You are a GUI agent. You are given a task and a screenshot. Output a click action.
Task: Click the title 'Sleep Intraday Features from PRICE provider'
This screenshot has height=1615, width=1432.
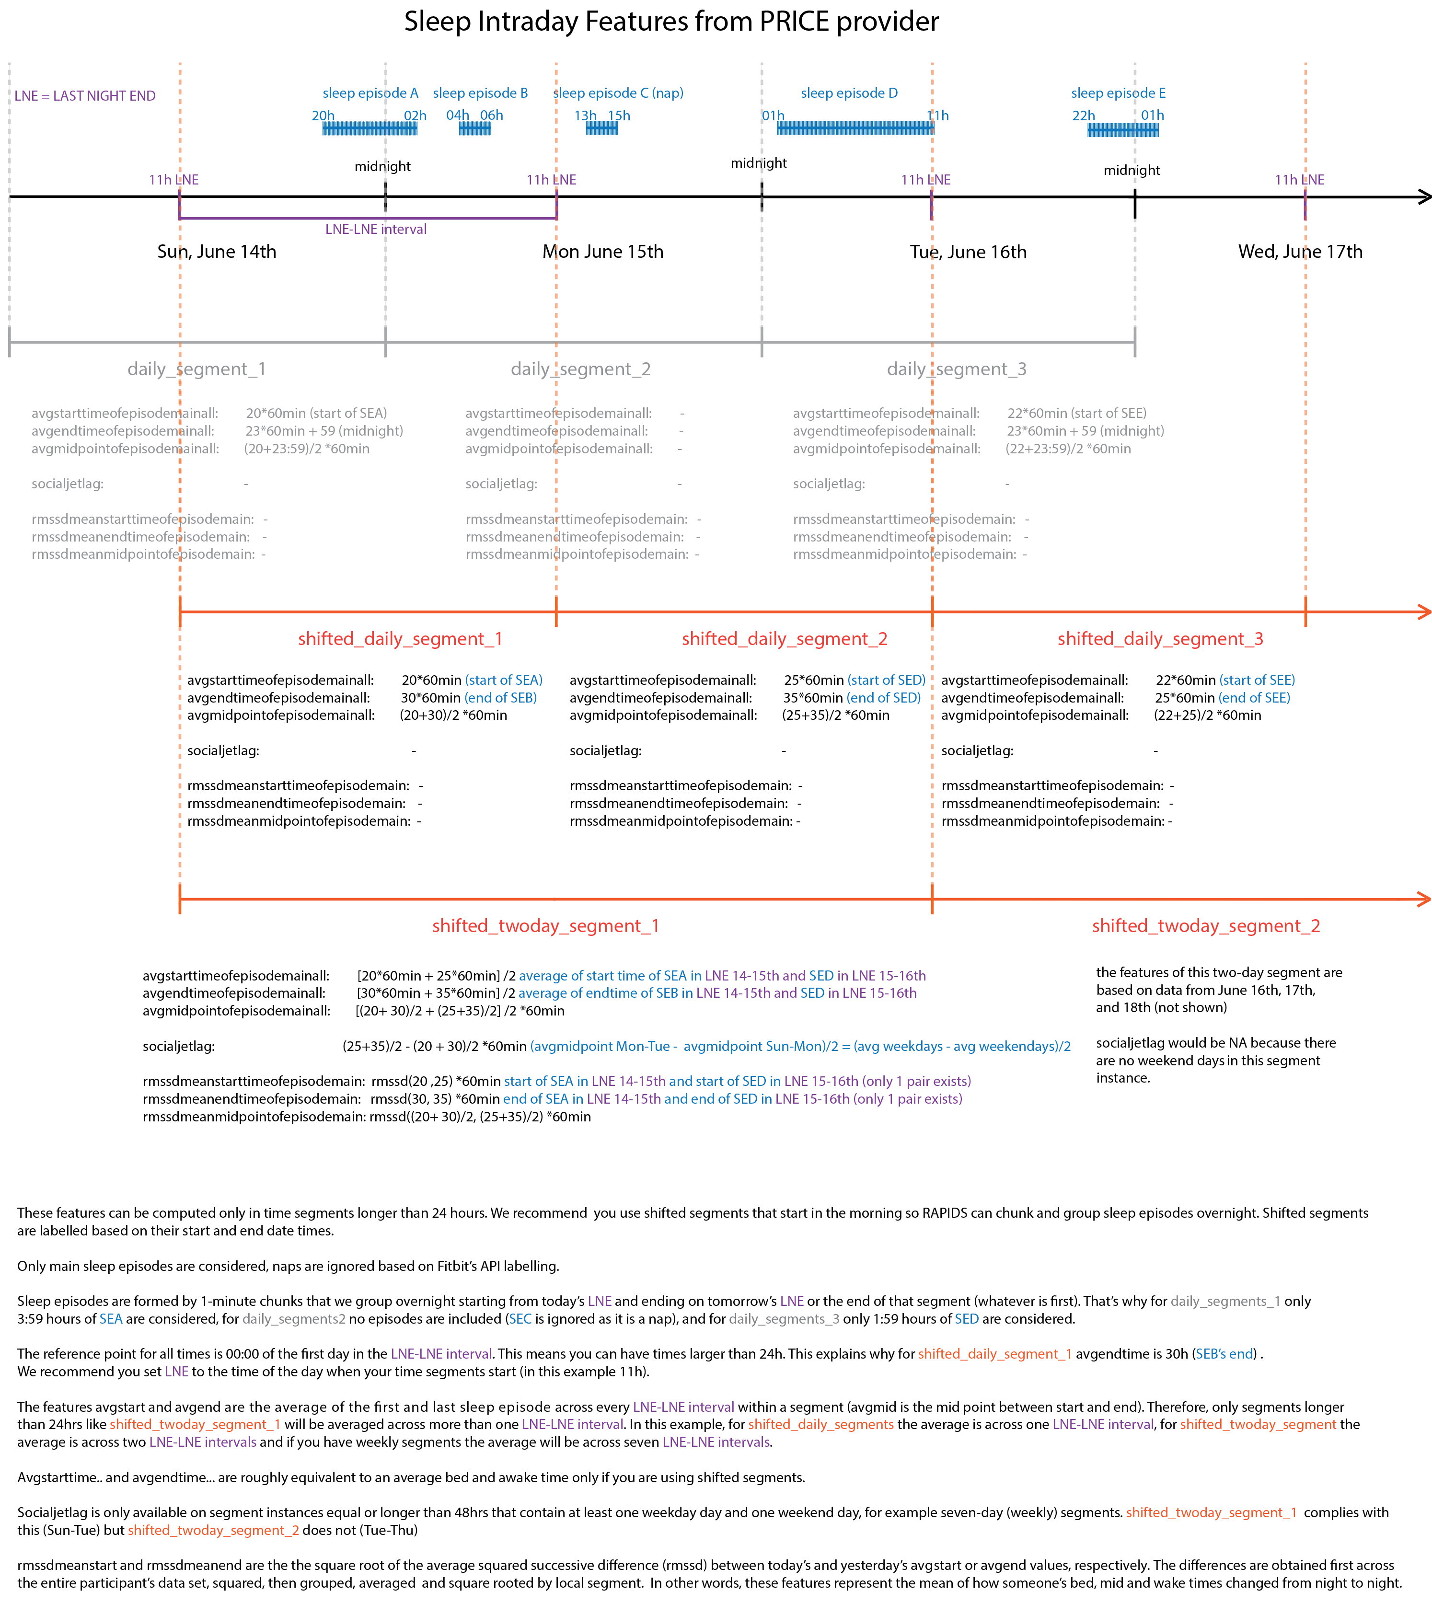click(671, 22)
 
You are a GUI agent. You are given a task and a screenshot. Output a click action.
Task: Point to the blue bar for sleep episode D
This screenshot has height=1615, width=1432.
click(855, 128)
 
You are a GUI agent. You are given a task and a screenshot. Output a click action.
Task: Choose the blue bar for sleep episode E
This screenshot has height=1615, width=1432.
click(1122, 129)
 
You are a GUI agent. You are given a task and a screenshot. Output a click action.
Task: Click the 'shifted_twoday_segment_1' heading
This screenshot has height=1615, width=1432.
click(545, 925)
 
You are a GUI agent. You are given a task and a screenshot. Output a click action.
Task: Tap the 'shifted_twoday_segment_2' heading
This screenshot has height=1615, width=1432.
click(1206, 925)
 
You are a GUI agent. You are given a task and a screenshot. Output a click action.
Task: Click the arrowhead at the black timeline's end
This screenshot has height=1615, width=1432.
click(1424, 197)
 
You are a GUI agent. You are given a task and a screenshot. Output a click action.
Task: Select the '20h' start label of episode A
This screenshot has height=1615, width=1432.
click(323, 115)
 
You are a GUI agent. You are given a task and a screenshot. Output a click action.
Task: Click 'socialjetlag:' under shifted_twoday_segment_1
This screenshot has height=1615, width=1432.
click(179, 1046)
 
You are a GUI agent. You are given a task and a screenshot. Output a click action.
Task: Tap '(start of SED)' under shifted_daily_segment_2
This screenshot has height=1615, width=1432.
click(886, 681)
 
